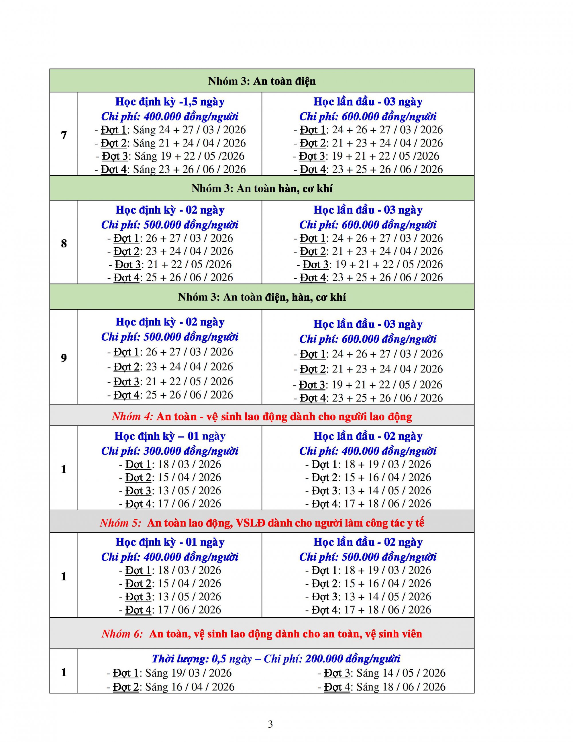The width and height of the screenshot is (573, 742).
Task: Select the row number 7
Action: [x=64, y=135]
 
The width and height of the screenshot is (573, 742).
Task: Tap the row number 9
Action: [x=64, y=358]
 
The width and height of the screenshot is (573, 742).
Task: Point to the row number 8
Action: [x=64, y=243]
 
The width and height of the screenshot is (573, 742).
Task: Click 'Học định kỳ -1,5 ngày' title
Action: [x=170, y=101]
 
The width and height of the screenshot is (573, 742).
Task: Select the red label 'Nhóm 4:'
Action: [x=132, y=417]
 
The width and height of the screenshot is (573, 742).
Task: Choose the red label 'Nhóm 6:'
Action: [x=122, y=634]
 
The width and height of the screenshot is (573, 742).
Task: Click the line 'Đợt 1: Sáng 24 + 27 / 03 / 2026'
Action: [x=170, y=130]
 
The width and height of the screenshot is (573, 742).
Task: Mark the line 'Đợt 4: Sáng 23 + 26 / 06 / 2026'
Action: [x=170, y=169]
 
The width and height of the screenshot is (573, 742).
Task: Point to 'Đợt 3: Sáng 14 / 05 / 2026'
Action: [x=382, y=673]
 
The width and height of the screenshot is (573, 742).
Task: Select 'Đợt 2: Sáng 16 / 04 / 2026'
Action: [x=170, y=687]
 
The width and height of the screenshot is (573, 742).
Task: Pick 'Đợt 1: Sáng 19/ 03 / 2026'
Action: [x=169, y=673]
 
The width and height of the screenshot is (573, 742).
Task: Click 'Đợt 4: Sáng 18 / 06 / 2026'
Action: [x=382, y=687]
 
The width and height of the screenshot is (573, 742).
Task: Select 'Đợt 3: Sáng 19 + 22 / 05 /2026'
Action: [x=170, y=156]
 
